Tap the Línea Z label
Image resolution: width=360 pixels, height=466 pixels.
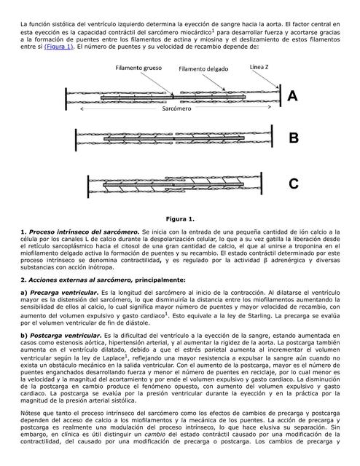[x=262, y=67]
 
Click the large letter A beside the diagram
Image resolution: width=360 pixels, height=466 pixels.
[x=292, y=96]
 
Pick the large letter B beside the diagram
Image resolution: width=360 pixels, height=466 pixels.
[x=293, y=138]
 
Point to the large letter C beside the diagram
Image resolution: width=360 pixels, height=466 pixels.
[x=293, y=184]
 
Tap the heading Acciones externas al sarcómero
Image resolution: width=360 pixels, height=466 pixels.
[x=79, y=279]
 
